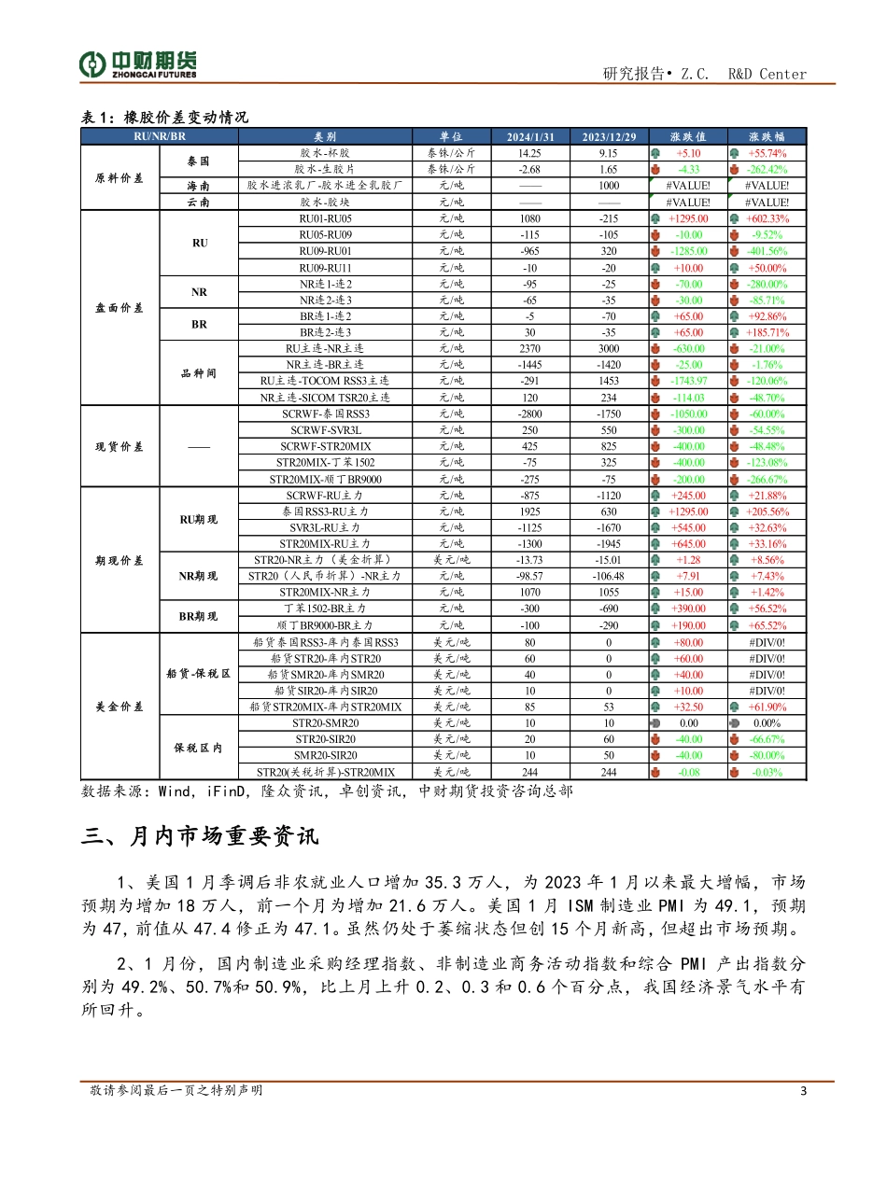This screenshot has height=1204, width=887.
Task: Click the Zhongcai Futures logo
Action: pos(137,63)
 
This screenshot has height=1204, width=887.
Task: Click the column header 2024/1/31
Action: pos(529,136)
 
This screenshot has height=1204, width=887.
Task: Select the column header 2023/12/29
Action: pos(609,136)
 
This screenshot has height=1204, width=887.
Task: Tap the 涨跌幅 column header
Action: pos(767,136)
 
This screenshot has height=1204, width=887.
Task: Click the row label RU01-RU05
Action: pos(325,218)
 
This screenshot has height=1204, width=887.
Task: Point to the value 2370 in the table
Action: pos(529,348)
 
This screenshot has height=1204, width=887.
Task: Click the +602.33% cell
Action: pos(767,218)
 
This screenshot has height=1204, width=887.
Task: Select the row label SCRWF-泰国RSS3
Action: pos(325,413)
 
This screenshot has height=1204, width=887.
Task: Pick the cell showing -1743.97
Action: pos(689,381)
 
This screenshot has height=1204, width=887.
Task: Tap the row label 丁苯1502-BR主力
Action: pos(325,609)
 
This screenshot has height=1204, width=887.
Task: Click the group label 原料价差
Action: pos(120,177)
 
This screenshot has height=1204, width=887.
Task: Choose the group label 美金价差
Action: pos(120,707)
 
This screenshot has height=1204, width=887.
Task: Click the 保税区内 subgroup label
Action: pos(199,748)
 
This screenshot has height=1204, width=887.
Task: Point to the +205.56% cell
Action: pos(767,511)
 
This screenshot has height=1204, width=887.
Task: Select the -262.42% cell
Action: pos(767,170)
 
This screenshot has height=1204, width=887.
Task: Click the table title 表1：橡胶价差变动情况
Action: pos(164,117)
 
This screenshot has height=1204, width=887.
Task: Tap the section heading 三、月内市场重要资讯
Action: pos(200,836)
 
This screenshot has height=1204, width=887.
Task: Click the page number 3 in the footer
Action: pos(803,1090)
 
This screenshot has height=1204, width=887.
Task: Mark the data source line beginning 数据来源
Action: pos(327,791)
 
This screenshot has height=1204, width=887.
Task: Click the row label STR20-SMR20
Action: pos(325,723)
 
